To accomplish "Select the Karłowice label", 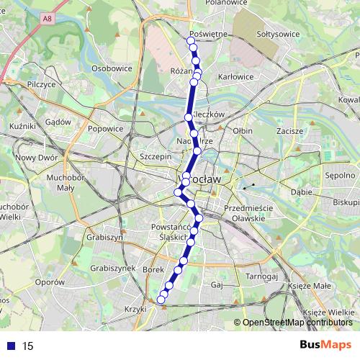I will [x=235, y=76].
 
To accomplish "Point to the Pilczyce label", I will [x=41, y=84].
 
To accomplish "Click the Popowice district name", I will [x=106, y=129].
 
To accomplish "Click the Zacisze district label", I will [x=289, y=132].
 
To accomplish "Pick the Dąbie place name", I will [x=301, y=193].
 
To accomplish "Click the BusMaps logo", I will [x=325, y=346].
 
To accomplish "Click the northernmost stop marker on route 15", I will [x=191, y=41].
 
